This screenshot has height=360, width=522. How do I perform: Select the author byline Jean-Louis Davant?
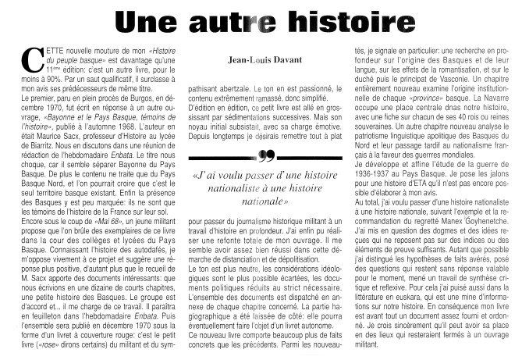259,58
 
